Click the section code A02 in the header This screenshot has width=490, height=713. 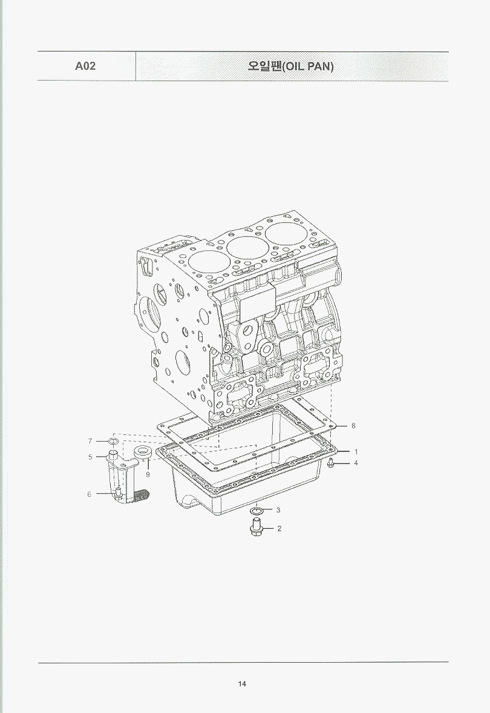tap(85, 66)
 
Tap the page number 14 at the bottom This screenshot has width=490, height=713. tap(242, 684)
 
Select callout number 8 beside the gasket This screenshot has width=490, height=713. tap(353, 426)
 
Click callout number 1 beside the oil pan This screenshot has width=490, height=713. tap(356, 451)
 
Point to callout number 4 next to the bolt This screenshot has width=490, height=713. tap(356, 463)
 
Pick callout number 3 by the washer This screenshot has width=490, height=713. tap(278, 510)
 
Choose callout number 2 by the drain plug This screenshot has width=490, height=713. tap(279, 528)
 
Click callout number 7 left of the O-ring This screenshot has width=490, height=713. tap(90, 441)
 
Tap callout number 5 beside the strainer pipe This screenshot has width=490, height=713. tap(90, 457)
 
